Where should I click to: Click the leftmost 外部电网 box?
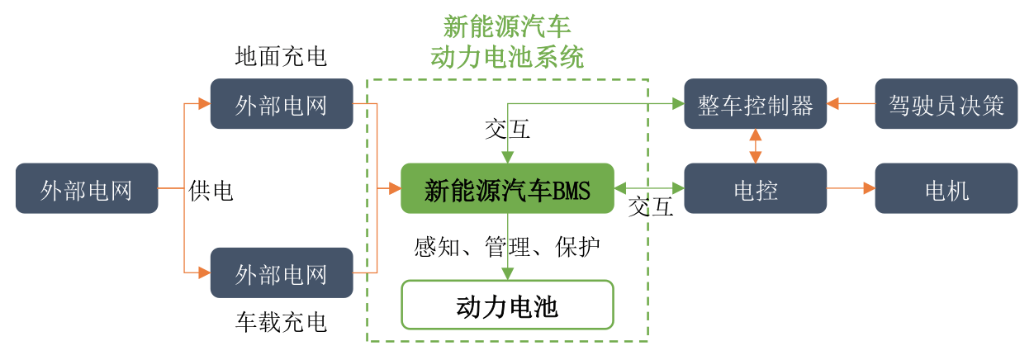(87, 188)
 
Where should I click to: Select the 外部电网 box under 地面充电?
(282, 104)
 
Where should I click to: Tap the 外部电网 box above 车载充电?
(282, 272)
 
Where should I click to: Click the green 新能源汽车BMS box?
(507, 188)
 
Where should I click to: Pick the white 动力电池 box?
(507, 306)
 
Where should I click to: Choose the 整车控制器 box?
(755, 104)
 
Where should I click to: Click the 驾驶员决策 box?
(946, 104)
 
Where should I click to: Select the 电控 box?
(755, 188)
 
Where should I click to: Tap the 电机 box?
(946, 188)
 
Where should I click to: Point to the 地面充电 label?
(281, 56)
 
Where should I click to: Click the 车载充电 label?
(281, 322)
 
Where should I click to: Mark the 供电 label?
(211, 191)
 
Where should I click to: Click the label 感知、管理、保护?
(507, 246)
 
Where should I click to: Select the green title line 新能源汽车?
(507, 26)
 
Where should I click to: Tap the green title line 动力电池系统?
(507, 57)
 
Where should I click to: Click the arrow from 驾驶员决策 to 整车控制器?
(851, 104)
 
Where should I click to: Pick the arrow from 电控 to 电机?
(851, 188)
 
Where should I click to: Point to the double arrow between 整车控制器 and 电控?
(755, 146)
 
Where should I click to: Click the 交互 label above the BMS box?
(507, 129)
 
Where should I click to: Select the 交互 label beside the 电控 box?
(651, 206)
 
